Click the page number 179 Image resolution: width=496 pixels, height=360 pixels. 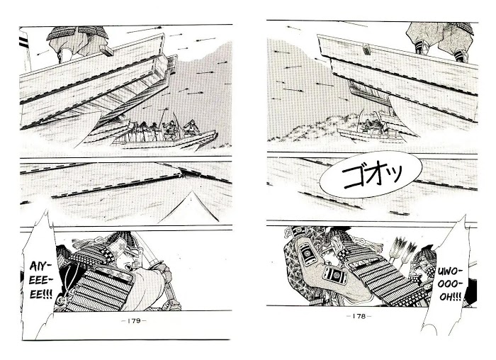(134, 321)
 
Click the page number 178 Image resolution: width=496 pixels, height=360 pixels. (359, 316)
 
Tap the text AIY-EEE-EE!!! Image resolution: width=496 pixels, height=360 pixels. (41, 281)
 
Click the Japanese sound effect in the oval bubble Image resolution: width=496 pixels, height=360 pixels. (372, 175)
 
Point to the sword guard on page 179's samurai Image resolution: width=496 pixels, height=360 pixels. (157, 264)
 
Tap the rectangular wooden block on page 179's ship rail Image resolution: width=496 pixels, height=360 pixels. (106, 50)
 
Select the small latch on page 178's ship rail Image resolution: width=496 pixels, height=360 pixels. (366, 50)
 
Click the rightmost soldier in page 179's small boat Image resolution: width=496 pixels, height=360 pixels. (192, 127)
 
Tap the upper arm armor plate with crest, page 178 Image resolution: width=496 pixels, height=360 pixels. (306, 252)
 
